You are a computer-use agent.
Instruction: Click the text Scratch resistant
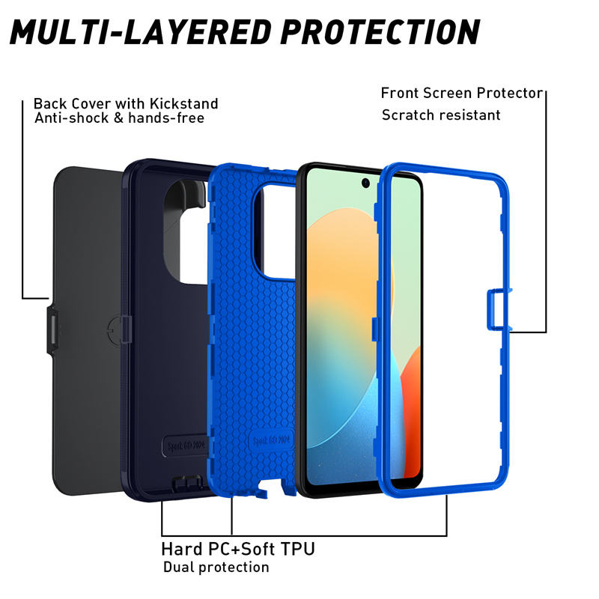pos(441,115)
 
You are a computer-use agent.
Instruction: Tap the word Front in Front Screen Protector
pos(401,93)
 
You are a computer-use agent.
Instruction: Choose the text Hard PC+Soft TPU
pos(238,549)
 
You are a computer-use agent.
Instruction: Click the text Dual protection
pos(216,567)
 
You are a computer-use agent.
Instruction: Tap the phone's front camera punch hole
pos(366,183)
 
